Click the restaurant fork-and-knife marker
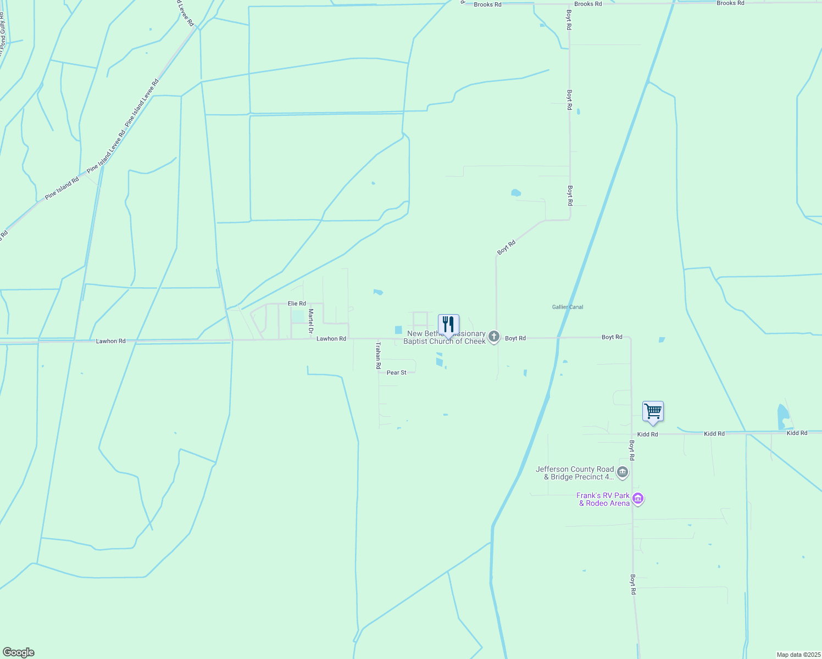click(448, 325)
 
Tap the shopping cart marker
click(653, 411)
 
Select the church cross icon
click(494, 337)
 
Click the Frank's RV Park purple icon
click(638, 499)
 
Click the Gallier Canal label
click(568, 307)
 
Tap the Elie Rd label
click(297, 304)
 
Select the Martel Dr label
click(310, 321)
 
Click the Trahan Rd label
click(378, 355)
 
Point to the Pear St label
click(396, 373)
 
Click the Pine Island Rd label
click(62, 188)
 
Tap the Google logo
click(18, 652)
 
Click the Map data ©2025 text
click(797, 655)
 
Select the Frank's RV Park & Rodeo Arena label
click(603, 499)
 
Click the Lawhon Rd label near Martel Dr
click(331, 339)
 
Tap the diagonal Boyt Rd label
click(506, 247)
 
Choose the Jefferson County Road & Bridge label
click(574, 473)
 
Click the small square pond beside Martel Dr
click(297, 316)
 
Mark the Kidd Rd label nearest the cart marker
click(647, 434)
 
